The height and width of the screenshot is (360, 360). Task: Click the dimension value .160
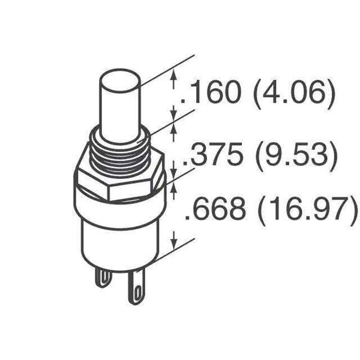(x=211, y=92)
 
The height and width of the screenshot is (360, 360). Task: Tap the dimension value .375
(x=213, y=154)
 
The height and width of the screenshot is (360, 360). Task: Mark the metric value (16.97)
(x=308, y=211)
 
